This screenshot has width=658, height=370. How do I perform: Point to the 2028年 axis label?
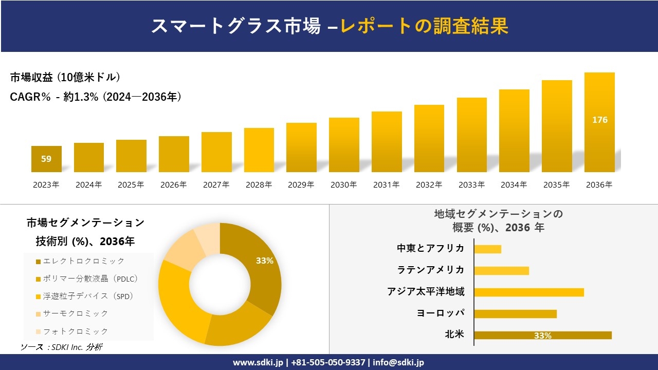pyautogui.click(x=259, y=185)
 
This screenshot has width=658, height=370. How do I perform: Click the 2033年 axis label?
pyautogui.click(x=471, y=185)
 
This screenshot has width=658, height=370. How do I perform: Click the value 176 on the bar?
pyautogui.click(x=599, y=120)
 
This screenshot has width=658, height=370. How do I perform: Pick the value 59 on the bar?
pyautogui.click(x=46, y=159)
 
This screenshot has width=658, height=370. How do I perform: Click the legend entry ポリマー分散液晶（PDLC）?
pyautogui.click(x=90, y=279)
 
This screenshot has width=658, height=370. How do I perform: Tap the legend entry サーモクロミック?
pyautogui.click(x=75, y=313)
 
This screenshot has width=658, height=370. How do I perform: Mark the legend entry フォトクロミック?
pyautogui.click(x=75, y=331)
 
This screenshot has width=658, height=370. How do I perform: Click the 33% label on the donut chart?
pyautogui.click(x=264, y=261)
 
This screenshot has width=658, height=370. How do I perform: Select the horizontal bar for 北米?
pyautogui.click(x=542, y=336)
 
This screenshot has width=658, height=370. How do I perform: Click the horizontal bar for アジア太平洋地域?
pyautogui.click(x=528, y=292)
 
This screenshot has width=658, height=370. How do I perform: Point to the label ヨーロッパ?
pyautogui.click(x=440, y=313)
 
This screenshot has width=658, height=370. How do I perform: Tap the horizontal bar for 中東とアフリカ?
pyautogui.click(x=487, y=249)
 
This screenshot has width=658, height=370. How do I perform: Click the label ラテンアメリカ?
pyautogui.click(x=430, y=270)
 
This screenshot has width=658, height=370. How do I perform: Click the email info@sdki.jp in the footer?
pyautogui.click(x=398, y=362)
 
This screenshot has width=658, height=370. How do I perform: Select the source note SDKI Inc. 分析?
pyautogui.click(x=61, y=347)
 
